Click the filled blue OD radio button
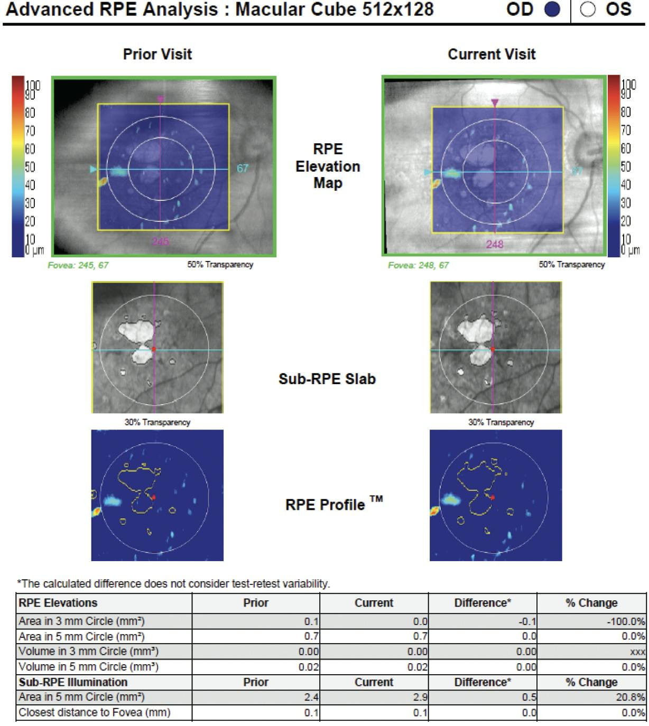click(x=552, y=10)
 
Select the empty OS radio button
click(x=588, y=10)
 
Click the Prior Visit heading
click(x=157, y=54)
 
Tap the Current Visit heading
click(x=492, y=54)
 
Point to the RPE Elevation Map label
click(x=328, y=166)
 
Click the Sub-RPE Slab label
click(x=327, y=379)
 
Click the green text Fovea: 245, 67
click(x=78, y=265)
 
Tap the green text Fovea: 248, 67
click(x=418, y=265)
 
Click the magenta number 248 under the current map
click(x=495, y=244)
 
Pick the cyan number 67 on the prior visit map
click(x=243, y=169)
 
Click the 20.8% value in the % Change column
click(x=631, y=697)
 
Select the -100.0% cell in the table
click(x=626, y=622)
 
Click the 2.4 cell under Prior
click(x=311, y=697)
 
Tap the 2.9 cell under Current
click(x=420, y=697)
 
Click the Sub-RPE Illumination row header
click(x=73, y=682)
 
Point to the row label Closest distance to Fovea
click(x=95, y=712)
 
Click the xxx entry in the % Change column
click(x=637, y=652)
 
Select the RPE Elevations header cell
click(x=58, y=603)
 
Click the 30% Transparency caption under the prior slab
click(x=157, y=422)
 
